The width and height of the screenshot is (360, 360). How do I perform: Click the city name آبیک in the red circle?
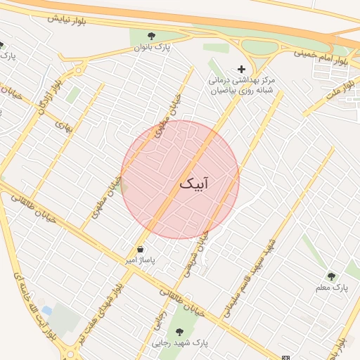click(196, 184)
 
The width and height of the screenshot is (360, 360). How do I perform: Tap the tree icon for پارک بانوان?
click(151, 36)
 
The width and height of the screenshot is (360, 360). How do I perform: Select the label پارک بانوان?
click(152, 48)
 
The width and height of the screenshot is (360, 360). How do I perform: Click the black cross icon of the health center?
click(242, 69)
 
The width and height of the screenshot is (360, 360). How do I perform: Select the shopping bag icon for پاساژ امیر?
click(141, 249)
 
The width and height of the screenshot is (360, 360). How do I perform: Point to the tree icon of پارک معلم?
click(332, 276)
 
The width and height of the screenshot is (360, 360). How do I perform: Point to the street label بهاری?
click(64, 125)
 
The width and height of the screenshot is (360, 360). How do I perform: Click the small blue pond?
click(46, 310)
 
